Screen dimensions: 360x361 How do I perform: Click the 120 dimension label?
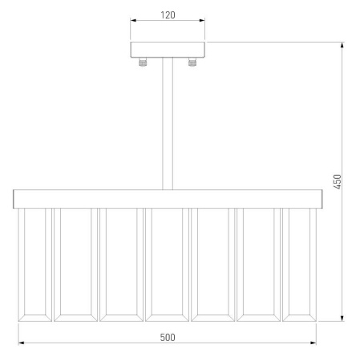click(x=168, y=15)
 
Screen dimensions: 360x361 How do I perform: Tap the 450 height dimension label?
click(x=338, y=182)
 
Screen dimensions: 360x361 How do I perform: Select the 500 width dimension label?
click(x=168, y=338)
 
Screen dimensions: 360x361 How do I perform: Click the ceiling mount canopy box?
click(x=168, y=50)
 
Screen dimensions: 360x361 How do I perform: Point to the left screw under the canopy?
click(x=143, y=63)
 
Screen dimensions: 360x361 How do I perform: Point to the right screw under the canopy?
click(x=192, y=63)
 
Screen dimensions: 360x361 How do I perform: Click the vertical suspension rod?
click(x=168, y=124)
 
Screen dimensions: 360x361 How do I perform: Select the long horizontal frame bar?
click(x=168, y=199)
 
